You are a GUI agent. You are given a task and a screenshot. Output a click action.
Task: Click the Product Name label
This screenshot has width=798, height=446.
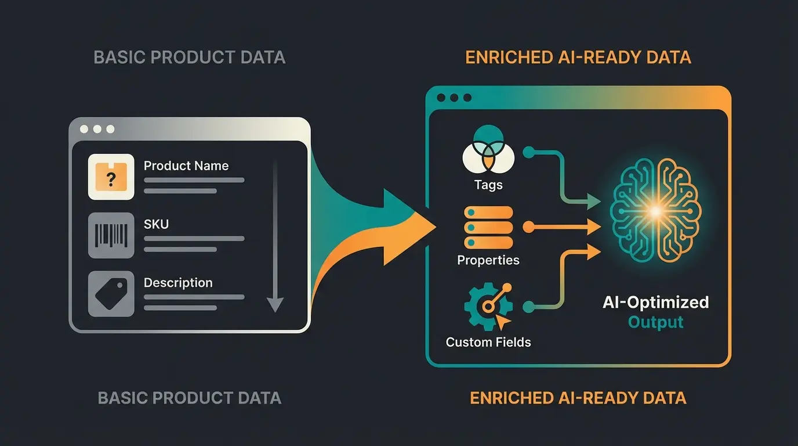point(186,166)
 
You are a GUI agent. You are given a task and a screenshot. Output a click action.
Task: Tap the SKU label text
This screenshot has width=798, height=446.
point(156,224)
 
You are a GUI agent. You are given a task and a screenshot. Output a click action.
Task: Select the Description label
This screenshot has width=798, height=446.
point(178,283)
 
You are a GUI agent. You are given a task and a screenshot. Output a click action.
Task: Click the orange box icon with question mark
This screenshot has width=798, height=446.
point(111,177)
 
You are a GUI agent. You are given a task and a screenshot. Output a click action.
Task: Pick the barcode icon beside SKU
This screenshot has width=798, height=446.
point(111,235)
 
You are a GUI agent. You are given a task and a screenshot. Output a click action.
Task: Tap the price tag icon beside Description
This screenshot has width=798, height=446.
point(111,294)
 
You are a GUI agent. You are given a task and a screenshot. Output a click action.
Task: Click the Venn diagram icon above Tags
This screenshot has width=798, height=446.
point(488,150)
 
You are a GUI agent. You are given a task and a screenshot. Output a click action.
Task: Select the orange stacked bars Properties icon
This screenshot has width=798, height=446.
point(488,228)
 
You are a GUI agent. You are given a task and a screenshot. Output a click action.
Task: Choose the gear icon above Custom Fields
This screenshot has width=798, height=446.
point(486,307)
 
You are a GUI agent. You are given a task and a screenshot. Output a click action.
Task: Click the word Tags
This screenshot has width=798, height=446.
point(488,185)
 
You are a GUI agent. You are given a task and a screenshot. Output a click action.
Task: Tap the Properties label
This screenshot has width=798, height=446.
point(488,260)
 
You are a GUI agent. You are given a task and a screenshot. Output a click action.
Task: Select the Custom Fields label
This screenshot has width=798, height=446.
point(488,342)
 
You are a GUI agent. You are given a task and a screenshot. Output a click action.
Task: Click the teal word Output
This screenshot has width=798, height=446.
point(655,322)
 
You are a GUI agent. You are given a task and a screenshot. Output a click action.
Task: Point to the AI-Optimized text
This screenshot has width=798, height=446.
point(655,302)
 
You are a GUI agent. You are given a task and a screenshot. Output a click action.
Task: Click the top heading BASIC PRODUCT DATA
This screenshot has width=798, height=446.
point(189,57)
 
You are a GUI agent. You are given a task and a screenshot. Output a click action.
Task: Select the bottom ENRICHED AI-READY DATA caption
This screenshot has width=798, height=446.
point(578,398)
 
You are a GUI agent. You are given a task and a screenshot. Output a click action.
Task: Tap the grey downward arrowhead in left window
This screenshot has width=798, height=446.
point(275,304)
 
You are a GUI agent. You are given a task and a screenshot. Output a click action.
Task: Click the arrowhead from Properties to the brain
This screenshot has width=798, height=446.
point(594,227)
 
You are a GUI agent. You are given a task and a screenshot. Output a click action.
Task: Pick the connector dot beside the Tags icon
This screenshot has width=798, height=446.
point(528,152)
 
